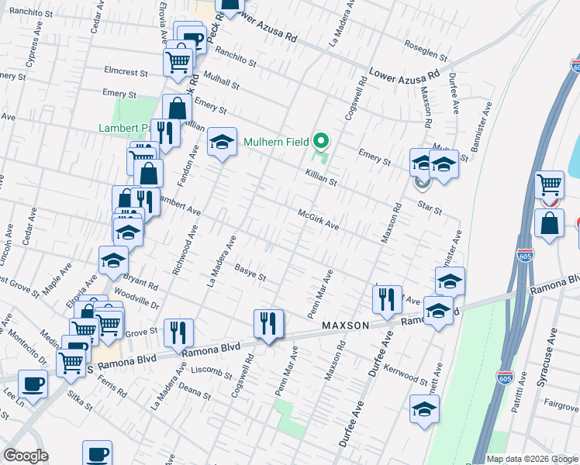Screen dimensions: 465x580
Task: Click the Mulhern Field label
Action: pos(277,142)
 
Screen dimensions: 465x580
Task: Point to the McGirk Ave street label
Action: pos(319,219)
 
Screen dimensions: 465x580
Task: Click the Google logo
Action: pos(26,456)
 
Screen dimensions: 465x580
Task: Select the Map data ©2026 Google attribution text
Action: pos(531,459)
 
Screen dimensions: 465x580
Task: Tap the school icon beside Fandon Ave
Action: pos(222,142)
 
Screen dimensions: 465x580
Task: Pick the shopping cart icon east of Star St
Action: pos(549,185)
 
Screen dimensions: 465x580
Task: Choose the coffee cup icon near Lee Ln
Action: pos(33,384)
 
